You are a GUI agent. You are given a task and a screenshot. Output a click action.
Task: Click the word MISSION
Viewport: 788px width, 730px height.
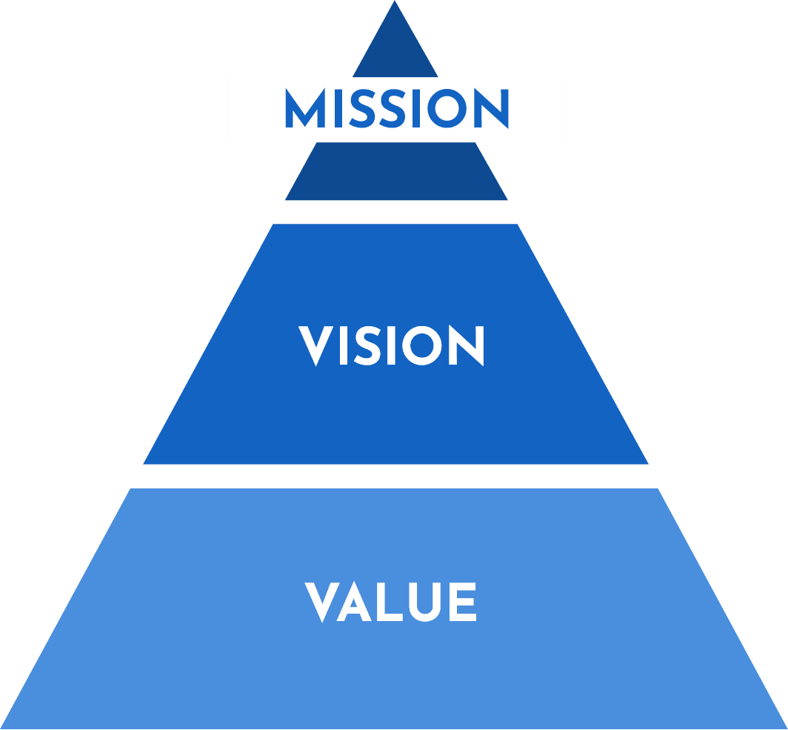tap(397, 108)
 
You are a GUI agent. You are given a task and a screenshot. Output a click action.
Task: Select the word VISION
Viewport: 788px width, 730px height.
tap(391, 345)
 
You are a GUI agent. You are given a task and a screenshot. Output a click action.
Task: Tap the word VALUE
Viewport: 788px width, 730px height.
tap(390, 602)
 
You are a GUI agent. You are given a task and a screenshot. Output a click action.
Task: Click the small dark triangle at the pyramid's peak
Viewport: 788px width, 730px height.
tap(395, 50)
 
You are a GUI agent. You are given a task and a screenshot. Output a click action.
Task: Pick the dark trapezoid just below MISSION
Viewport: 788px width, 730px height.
tap(396, 171)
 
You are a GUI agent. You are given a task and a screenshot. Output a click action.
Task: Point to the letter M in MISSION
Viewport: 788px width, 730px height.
tap(305, 108)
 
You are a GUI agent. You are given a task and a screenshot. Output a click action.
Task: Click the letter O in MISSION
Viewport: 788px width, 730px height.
tap(447, 108)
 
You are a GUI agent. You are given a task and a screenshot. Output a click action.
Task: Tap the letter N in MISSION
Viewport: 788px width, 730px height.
tap(492, 108)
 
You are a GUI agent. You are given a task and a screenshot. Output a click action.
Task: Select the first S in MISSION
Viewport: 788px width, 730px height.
tap(362, 108)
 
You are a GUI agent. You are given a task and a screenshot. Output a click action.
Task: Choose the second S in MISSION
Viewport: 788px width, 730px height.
tap(392, 108)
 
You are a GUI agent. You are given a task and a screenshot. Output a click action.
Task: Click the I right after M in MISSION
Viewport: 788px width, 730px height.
tap(338, 108)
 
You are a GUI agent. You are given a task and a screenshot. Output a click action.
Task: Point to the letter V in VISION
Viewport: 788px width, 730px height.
tap(315, 346)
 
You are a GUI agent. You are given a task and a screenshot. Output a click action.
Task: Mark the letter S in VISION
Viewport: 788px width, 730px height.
tap(367, 345)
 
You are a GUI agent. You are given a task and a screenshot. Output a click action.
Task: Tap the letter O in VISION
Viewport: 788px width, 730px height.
tap(421, 345)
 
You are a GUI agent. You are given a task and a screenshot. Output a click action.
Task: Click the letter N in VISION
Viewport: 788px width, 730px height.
tap(467, 345)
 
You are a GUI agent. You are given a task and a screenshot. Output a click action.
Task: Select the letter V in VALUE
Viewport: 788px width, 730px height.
tap(322, 603)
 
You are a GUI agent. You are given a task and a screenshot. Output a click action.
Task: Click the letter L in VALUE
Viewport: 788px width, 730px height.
tap(390, 602)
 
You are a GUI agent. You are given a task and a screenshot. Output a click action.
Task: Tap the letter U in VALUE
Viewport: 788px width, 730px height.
tap(424, 603)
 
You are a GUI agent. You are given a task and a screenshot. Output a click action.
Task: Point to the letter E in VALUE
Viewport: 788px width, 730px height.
tap(463, 602)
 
